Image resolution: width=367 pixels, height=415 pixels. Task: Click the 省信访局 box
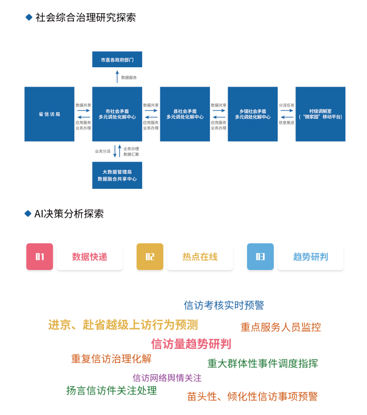pos(49,114)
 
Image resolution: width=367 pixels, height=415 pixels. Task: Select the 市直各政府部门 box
pos(117,59)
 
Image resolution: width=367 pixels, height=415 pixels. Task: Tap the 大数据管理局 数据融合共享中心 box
pos(117,176)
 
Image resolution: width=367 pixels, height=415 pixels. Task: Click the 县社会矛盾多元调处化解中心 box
pos(185,114)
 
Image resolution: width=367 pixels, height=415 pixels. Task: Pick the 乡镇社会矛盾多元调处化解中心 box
pos(253,114)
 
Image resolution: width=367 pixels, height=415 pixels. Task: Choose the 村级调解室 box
pos(320,114)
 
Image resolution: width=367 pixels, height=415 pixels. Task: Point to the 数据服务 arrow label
pos(129,77)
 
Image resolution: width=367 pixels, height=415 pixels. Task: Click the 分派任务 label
pos(286,105)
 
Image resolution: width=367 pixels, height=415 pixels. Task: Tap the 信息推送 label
pos(286,122)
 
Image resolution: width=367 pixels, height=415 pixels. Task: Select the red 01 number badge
pos(40,257)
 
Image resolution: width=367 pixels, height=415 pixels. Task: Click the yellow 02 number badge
pos(150,257)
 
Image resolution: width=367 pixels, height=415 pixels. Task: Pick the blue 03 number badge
pos(260,257)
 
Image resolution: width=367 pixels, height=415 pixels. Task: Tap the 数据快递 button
pos(89,257)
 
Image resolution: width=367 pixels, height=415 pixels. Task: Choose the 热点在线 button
pos(200,257)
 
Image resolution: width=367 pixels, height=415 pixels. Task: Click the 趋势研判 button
pos(310,257)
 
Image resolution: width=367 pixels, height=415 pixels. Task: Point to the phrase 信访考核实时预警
pos(224,305)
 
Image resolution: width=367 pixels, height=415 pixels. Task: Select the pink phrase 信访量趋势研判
pos(191,343)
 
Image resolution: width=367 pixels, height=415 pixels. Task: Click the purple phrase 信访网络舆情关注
pos(167,378)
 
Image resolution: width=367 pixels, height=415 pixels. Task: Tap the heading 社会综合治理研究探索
pos(86,17)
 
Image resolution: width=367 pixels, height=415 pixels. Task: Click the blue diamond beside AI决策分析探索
pos(28,214)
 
